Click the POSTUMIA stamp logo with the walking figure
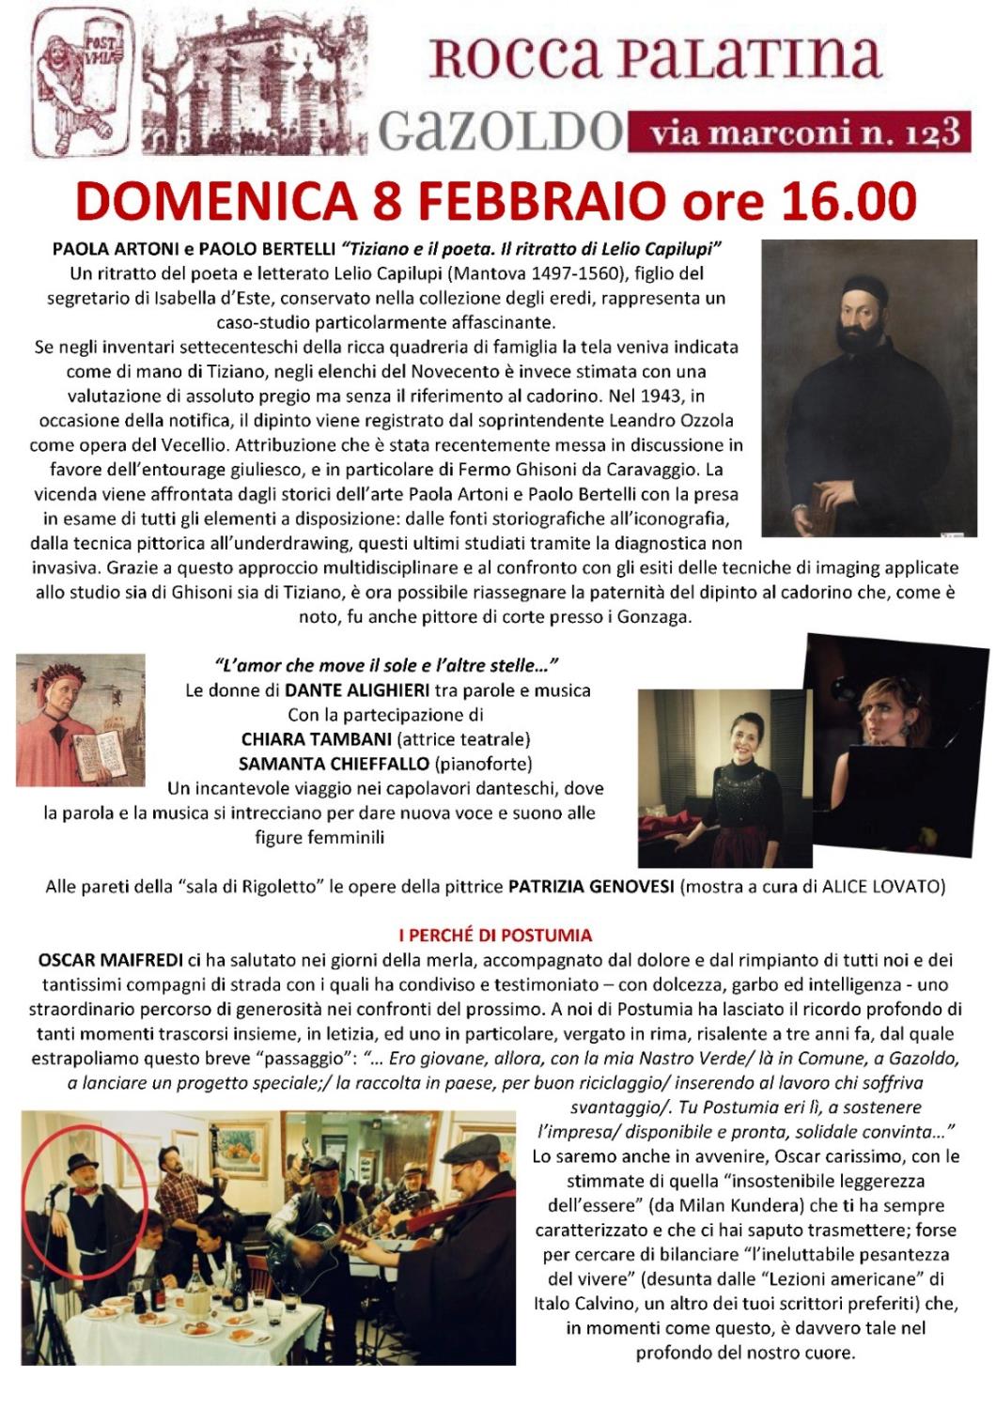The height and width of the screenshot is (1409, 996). click(x=82, y=83)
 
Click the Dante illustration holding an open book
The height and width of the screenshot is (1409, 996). click(x=81, y=720)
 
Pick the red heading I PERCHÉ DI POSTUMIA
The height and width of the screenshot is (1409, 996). click(x=495, y=935)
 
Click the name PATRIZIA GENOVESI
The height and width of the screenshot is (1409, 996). click(x=591, y=886)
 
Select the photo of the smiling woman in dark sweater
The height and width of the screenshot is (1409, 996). click(x=724, y=778)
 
